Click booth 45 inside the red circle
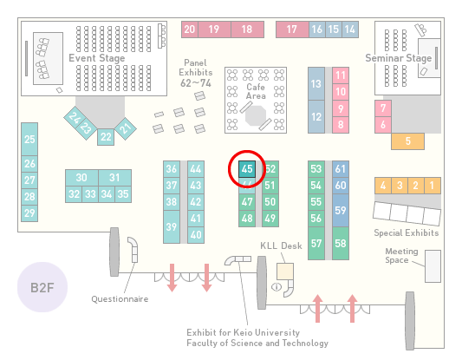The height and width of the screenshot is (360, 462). point(247,169)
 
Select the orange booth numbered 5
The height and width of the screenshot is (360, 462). point(407,141)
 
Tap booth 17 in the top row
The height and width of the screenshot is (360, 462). point(292,29)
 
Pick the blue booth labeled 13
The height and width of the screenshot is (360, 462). point(316,84)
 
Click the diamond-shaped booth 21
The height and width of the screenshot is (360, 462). point(126,128)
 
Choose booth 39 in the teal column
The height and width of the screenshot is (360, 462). point(172,226)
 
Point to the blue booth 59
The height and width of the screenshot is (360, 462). point(341,210)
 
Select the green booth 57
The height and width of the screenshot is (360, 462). point(316,243)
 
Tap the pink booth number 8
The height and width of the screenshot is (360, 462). point(341,125)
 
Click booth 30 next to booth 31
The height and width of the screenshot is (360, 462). point(81,178)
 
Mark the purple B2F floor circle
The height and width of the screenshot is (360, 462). point(42,287)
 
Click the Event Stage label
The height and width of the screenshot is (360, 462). point(96,58)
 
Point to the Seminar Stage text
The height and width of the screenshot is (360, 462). point(399,58)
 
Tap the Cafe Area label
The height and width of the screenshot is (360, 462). point(256,91)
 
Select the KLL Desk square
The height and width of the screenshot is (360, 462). point(285,272)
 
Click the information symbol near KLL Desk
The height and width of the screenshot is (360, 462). point(277,286)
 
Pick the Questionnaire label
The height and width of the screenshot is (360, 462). point(120,299)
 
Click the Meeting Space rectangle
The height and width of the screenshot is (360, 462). point(433,266)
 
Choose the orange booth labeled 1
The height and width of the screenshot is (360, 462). point(433,186)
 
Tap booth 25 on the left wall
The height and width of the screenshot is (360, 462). point(29,139)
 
